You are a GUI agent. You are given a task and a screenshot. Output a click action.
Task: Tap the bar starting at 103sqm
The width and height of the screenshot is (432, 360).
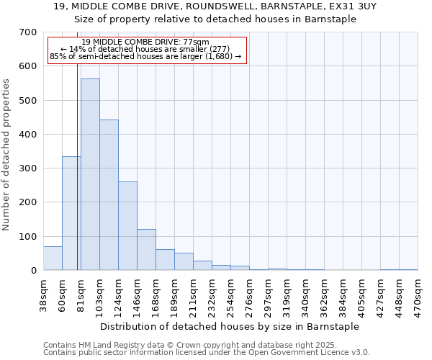pos(109,194)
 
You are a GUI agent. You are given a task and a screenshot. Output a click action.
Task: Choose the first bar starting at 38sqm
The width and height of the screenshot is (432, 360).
pos(53,258)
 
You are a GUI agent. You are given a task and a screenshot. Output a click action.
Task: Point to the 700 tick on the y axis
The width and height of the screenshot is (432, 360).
pos(28,32)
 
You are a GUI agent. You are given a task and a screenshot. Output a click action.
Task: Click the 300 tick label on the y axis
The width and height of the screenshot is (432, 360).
pos(28,168)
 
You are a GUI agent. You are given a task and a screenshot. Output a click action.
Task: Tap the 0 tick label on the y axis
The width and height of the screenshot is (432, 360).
pos(34,271)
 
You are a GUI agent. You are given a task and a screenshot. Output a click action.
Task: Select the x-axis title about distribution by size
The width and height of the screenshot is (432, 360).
pos(230,327)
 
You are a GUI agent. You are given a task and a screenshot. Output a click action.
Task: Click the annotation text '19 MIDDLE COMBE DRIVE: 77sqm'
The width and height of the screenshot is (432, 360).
pos(145,42)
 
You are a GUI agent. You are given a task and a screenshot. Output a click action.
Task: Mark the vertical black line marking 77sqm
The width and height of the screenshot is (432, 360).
pos(77,180)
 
